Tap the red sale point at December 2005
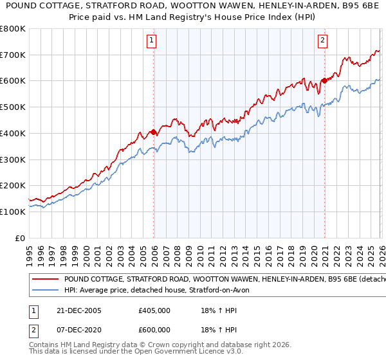click(153, 132)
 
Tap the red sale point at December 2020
click(324, 81)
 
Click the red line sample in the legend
click(46, 280)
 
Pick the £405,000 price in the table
click(154, 310)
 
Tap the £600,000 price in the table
click(154, 330)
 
